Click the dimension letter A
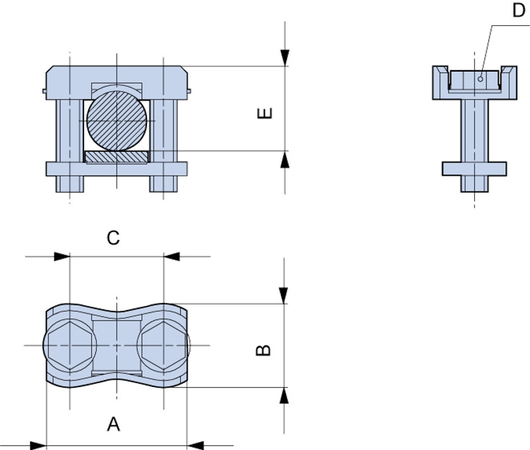pos(113,424)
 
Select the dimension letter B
pos(263,351)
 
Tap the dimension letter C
pos(113,238)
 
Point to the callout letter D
pos(519,10)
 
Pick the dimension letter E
pos(264,113)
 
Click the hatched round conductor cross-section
pos(117,121)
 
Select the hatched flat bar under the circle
pos(117,157)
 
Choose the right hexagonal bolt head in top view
pos(164,345)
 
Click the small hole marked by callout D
pos(480,79)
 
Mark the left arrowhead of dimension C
pos(62,256)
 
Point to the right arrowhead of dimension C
pos(172,256)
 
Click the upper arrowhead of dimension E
pos(285,58)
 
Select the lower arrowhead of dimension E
pos(285,159)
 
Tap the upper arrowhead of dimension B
pos(284,296)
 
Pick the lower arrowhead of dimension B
pos(284,395)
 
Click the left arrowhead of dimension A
pos(38,445)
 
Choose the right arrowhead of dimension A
pos(195,445)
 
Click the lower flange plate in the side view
pos(474,169)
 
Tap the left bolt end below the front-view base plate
pos(70,184)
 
